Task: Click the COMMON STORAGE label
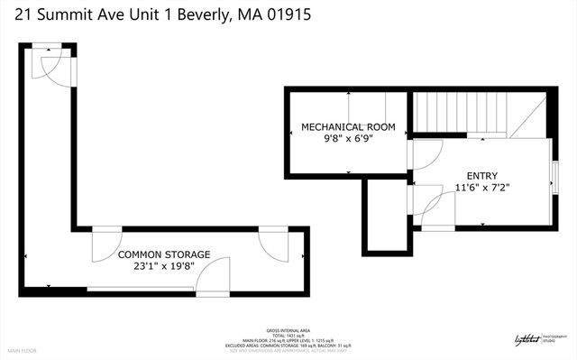[x=164, y=255]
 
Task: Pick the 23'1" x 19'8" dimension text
[x=164, y=267]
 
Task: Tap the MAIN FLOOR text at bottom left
[x=25, y=350]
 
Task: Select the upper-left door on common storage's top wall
[x=105, y=241]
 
